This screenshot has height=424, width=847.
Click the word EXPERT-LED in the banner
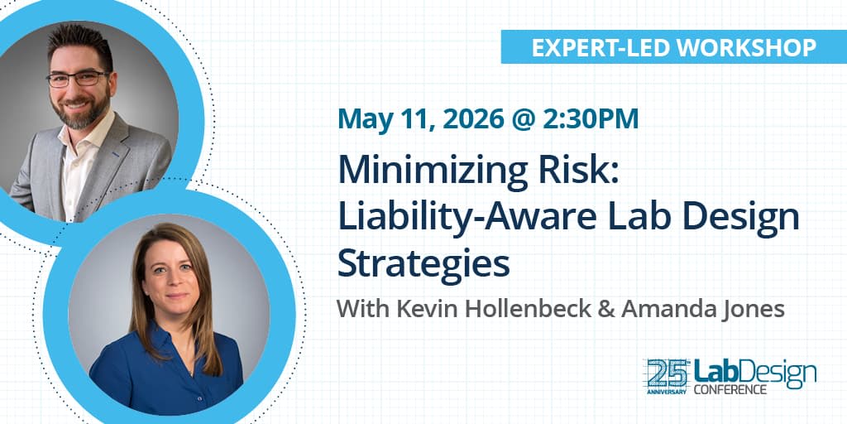[582, 47]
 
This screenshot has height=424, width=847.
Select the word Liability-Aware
[470, 217]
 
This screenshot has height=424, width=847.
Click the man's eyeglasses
[79, 79]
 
